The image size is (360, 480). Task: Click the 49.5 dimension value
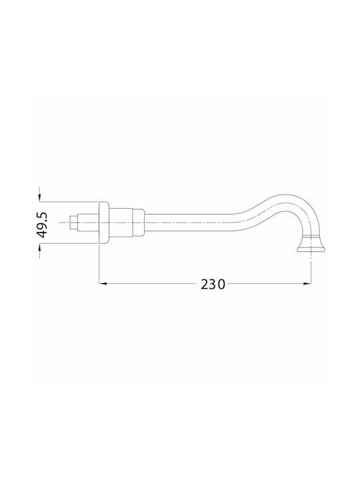click(42, 225)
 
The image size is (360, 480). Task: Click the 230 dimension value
click(213, 285)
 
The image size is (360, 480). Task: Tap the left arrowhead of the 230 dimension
click(103, 284)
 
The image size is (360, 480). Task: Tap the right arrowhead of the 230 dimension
click(307, 284)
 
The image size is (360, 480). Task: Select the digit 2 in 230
click(205, 285)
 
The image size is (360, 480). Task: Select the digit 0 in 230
click(221, 285)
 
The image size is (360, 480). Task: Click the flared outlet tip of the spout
click(311, 246)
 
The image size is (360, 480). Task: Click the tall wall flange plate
click(103, 223)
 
